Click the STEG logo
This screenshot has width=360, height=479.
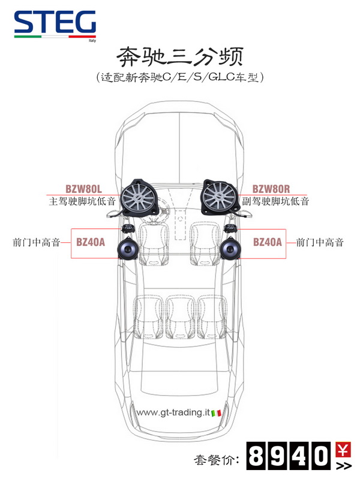coord(55,25)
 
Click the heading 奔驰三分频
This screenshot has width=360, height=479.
coord(179,58)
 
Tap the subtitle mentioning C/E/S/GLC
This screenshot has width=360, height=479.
coord(179,78)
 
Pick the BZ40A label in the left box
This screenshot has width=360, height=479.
coord(91,242)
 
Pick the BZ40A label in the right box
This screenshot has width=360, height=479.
coord(267,242)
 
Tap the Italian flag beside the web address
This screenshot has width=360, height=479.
coord(217,412)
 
